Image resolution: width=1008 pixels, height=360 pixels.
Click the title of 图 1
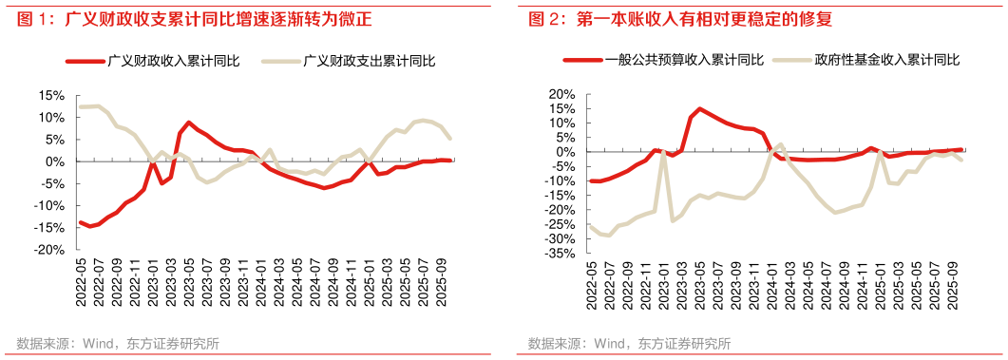point(190,18)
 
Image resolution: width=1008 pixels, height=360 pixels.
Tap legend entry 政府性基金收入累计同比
point(886,60)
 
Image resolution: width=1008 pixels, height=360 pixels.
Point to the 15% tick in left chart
point(52,96)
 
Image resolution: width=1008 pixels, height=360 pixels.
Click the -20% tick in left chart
point(50,250)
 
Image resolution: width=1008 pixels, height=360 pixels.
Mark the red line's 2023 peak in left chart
point(190,123)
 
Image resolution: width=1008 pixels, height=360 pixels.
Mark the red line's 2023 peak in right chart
point(699,109)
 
